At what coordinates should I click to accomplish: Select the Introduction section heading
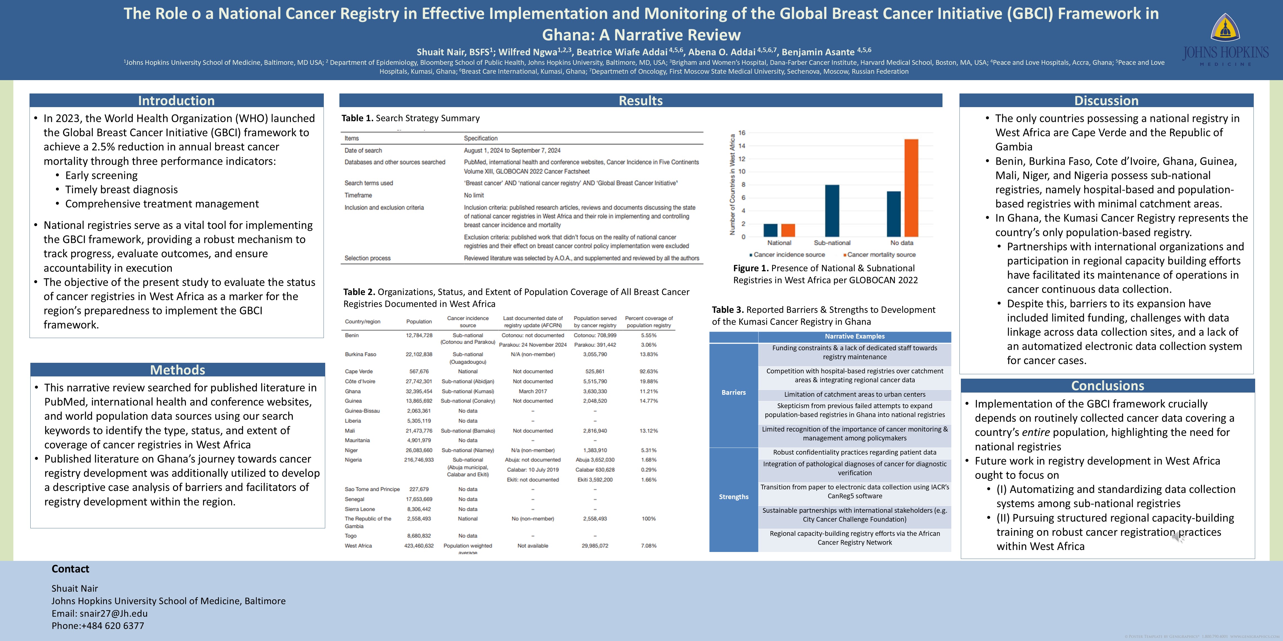tap(176, 100)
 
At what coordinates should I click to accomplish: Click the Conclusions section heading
tap(1107, 386)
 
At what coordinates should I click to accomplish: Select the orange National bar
tap(788, 230)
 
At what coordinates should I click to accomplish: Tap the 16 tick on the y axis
tap(742, 133)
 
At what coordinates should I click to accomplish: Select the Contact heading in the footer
tap(70, 569)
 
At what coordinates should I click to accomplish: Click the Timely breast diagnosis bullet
tap(121, 190)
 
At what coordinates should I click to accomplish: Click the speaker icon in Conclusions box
tap(1178, 537)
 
